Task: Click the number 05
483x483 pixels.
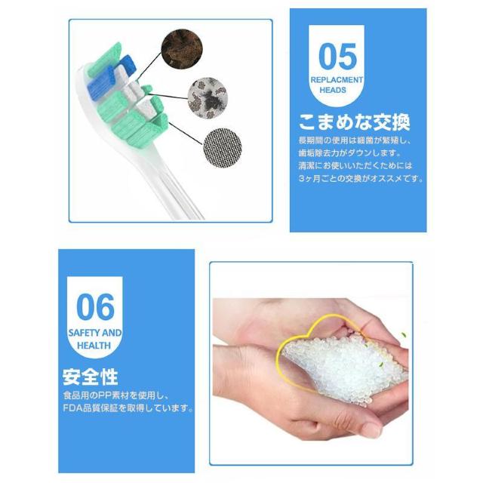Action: (337, 57)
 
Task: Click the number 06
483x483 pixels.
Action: (96, 308)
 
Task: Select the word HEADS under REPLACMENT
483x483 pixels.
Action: (337, 90)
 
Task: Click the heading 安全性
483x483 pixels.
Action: (91, 376)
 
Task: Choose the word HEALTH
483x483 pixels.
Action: (95, 346)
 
